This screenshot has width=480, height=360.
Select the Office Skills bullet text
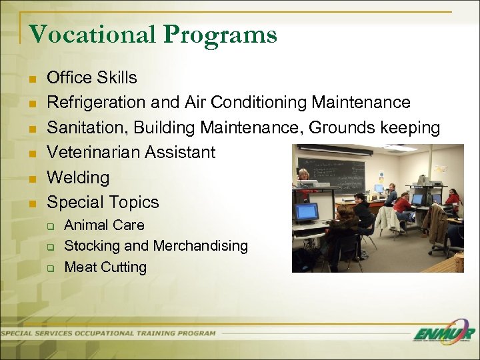click(91, 78)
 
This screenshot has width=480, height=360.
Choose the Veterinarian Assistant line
click(131, 152)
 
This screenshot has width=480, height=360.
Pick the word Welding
click(77, 177)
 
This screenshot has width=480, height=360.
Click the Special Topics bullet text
click(103, 202)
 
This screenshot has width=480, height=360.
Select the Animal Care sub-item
click(104, 225)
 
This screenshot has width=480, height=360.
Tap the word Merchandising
click(200, 246)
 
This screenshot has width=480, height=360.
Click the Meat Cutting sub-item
click(105, 267)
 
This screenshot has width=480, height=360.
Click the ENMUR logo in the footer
click(443, 334)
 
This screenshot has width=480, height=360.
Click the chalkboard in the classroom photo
click(331, 174)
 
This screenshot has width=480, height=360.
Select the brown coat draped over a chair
click(437, 223)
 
